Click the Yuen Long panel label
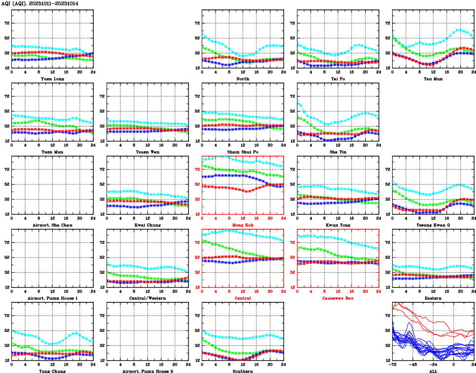pyautogui.click(x=52, y=79)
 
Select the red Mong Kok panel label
pyautogui.click(x=243, y=225)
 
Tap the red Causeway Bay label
pyautogui.click(x=338, y=298)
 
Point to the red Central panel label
pyautogui.click(x=243, y=298)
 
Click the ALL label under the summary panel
pyautogui.click(x=433, y=371)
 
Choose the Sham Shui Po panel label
pyautogui.click(x=243, y=152)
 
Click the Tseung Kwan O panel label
pyautogui.click(x=433, y=225)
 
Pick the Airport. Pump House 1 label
pyautogui.click(x=52, y=298)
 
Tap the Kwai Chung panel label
pyautogui.click(x=147, y=225)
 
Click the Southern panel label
pyautogui.click(x=243, y=371)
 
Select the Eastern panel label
pyautogui.click(x=433, y=298)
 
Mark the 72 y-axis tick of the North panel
pyautogui.click(x=196, y=23)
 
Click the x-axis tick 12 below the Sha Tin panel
pyautogui.click(x=338, y=145)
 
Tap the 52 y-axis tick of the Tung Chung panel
pyautogui.click(x=6, y=330)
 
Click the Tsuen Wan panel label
pyautogui.click(x=147, y=152)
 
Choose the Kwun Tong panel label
pyautogui.click(x=338, y=225)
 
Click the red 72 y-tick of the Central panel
pyautogui.click(x=196, y=243)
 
